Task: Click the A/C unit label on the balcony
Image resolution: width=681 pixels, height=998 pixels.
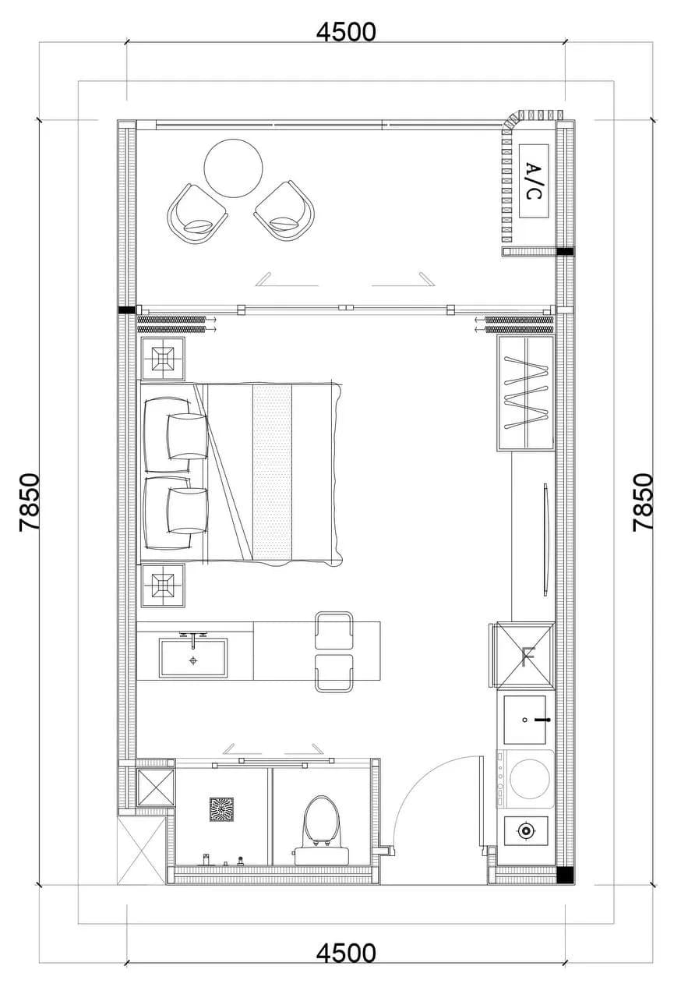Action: click(x=534, y=182)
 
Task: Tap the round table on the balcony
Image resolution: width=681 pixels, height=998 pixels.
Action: click(x=233, y=168)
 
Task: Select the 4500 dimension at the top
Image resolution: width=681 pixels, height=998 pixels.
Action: click(x=346, y=32)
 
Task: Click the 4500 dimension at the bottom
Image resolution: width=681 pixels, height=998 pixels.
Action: click(x=346, y=953)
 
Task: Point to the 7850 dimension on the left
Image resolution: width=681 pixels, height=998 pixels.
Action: click(x=30, y=501)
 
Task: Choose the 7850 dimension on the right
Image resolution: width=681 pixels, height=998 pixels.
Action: click(x=643, y=501)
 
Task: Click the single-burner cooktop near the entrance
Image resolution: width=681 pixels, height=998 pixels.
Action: click(x=526, y=831)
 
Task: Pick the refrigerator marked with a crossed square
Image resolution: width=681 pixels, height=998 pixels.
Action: click(x=525, y=654)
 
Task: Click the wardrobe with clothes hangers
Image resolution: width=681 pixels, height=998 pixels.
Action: click(x=526, y=394)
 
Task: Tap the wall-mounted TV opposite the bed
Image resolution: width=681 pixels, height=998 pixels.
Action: click(x=545, y=539)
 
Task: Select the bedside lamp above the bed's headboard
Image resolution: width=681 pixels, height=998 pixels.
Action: click(x=163, y=359)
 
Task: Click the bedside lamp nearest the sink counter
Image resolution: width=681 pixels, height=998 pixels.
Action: click(x=163, y=585)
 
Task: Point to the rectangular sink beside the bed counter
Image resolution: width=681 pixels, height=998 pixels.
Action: click(x=193, y=657)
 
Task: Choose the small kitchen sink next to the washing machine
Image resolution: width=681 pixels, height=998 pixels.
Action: click(x=524, y=720)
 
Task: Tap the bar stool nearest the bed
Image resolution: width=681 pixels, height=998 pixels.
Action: click(x=333, y=631)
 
